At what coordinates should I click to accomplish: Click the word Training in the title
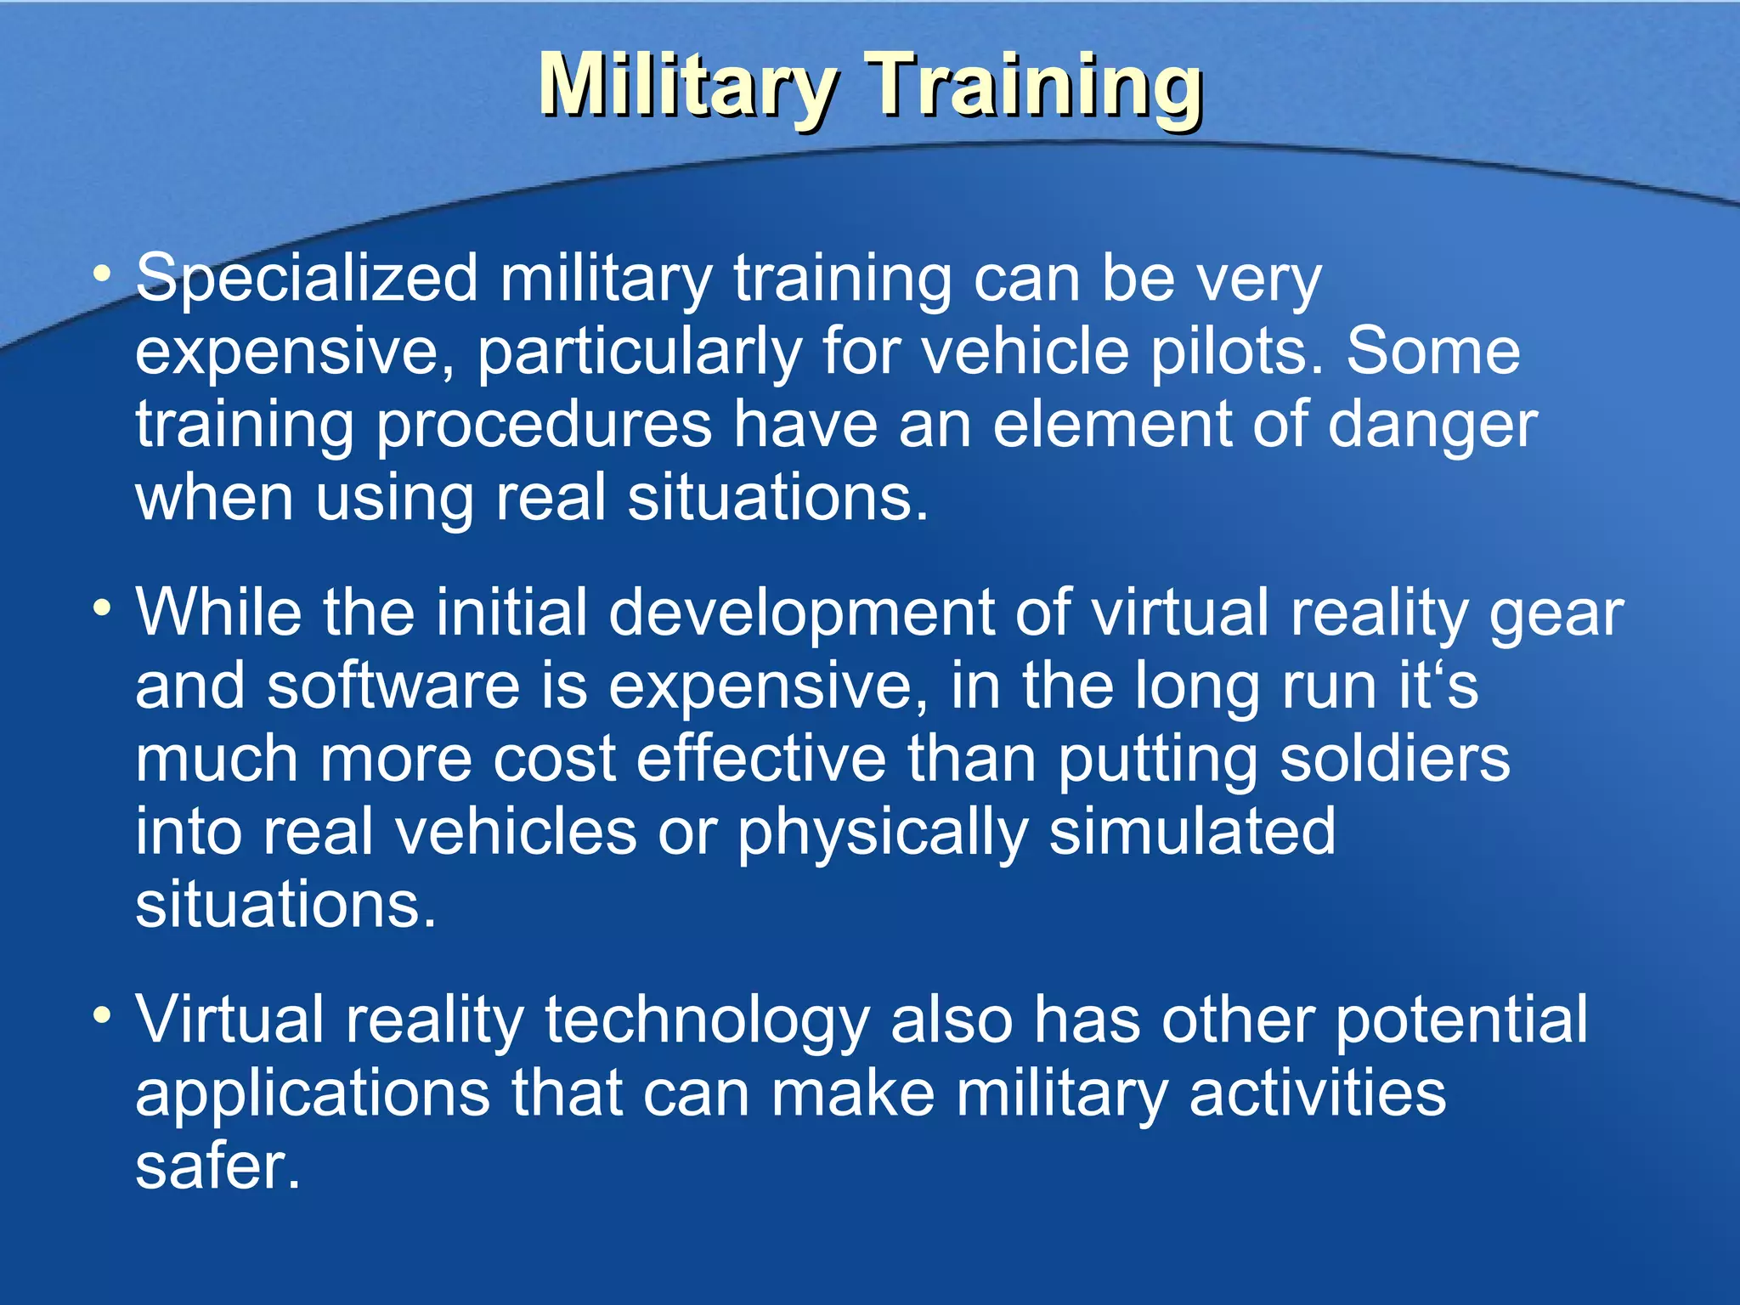click(x=1037, y=85)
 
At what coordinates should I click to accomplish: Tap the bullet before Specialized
click(x=103, y=274)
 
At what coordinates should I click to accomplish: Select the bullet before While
click(x=103, y=608)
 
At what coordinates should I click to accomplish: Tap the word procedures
click(x=544, y=424)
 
